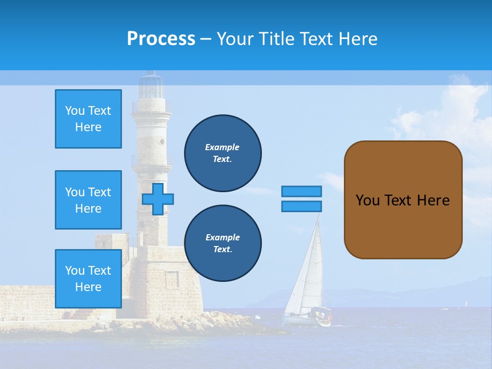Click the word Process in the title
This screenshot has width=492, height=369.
tap(161, 39)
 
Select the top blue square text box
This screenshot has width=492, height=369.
tap(88, 119)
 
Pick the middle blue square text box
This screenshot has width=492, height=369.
tap(88, 200)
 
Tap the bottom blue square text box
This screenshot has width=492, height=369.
tap(88, 279)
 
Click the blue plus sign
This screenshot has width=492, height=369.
tap(158, 199)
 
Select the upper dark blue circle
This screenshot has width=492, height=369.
tap(223, 153)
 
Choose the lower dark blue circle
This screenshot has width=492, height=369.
tap(223, 243)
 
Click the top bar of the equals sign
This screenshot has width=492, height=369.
tap(301, 192)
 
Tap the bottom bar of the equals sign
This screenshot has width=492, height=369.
tap(301, 206)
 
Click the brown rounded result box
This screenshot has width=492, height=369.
tap(403, 200)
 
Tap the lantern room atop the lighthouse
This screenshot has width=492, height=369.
tap(151, 86)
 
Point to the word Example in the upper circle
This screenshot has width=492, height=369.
tap(222, 147)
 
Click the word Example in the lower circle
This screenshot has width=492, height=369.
tap(222, 237)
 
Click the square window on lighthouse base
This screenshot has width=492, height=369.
tap(173, 279)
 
